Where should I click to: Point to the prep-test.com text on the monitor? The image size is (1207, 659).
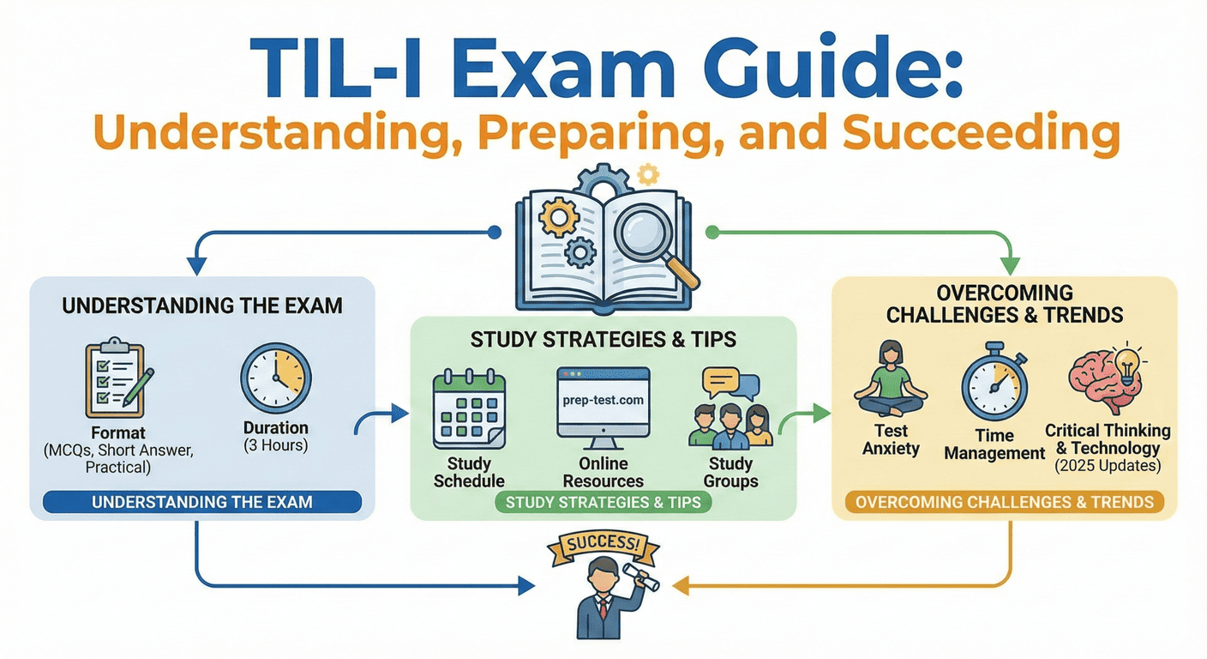point(603,400)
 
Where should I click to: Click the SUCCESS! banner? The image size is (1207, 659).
point(597,544)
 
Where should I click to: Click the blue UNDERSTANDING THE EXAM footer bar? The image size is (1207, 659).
point(201,502)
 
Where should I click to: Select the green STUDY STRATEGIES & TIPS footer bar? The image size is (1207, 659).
point(603,502)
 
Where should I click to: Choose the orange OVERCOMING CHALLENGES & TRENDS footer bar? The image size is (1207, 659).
point(1005,502)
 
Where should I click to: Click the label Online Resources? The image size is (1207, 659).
point(603,473)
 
